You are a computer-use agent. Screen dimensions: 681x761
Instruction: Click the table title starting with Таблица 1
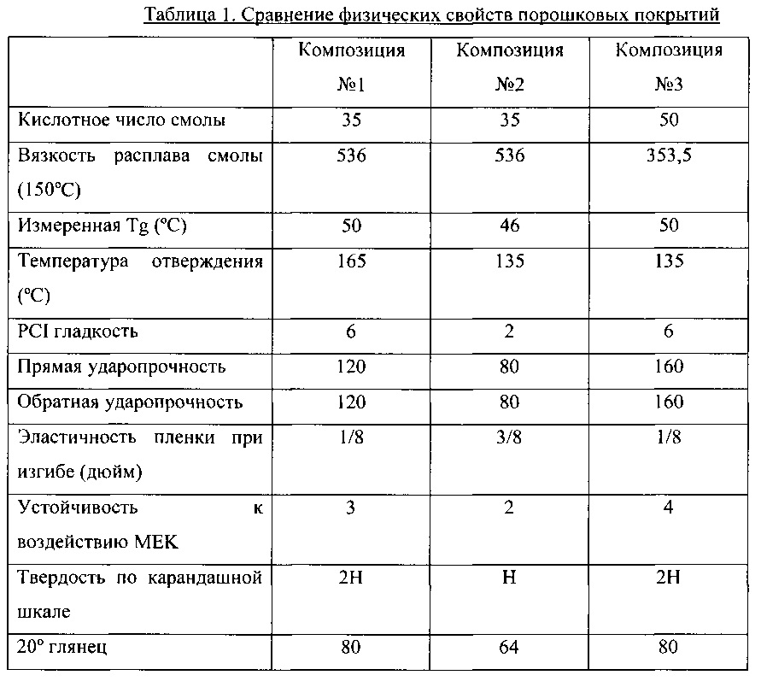click(x=431, y=16)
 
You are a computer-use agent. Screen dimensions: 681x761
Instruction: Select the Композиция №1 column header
click(x=351, y=68)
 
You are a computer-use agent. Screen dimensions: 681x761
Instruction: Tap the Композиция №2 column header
click(x=510, y=68)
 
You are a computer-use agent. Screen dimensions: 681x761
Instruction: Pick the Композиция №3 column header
click(x=669, y=68)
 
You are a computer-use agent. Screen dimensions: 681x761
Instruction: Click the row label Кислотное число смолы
click(x=122, y=120)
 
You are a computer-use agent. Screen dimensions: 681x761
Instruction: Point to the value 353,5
click(x=669, y=156)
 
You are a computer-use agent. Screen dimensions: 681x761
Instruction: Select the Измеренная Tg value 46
click(x=510, y=226)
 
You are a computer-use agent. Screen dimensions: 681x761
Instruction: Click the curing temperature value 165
click(x=351, y=261)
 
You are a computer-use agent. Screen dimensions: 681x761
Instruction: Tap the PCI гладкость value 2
click(x=510, y=332)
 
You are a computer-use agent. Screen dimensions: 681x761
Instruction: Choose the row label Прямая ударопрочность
click(x=122, y=367)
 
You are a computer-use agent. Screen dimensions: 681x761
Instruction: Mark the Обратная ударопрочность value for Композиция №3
click(x=669, y=402)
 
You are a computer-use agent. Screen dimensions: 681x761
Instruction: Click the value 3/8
click(x=510, y=437)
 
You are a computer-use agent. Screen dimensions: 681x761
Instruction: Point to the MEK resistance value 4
click(x=669, y=508)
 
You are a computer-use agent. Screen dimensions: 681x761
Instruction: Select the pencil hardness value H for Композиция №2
click(x=510, y=578)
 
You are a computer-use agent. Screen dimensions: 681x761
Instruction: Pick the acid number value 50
click(x=669, y=120)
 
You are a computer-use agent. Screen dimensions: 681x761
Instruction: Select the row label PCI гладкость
click(x=79, y=332)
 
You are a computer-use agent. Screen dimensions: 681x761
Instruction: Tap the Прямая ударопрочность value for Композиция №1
click(x=351, y=367)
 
